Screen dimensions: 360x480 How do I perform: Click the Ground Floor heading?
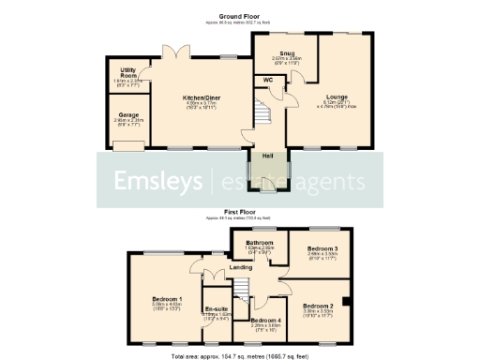239,17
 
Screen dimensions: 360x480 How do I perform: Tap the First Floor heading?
239,213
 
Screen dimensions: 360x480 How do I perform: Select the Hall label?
266,156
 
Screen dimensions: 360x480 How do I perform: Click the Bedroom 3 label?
322,248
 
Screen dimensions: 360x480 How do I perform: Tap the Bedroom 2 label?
317,306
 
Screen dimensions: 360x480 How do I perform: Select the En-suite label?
217,308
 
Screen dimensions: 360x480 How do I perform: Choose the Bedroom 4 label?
265,321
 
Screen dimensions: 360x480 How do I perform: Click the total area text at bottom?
239,355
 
